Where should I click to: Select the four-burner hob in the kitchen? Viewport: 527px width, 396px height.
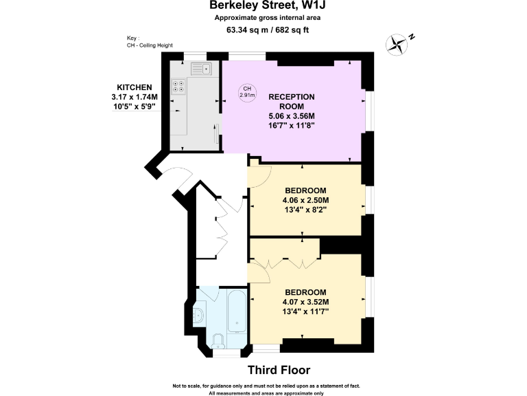coord(179,87)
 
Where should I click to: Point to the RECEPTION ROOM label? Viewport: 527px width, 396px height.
coord(292,102)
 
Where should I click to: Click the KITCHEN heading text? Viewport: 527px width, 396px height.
coord(134,87)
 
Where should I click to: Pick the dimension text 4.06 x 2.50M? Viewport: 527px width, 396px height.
coord(306,201)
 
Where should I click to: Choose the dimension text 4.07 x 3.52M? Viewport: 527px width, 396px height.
coord(306,302)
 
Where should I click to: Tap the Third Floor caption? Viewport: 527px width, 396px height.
coord(279,370)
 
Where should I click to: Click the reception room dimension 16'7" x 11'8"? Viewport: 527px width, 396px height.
coord(292,126)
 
